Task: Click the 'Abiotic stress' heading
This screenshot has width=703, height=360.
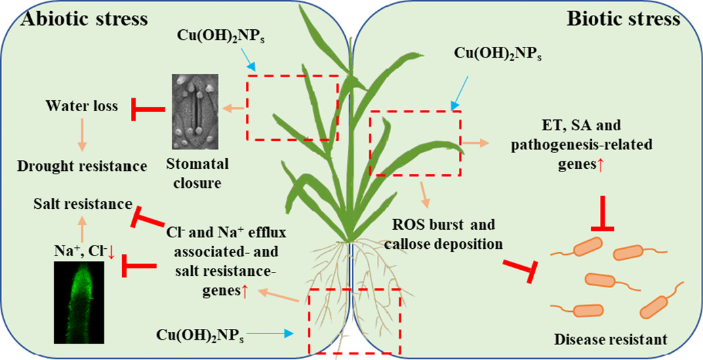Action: click(84, 18)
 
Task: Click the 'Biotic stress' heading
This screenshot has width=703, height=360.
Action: click(622, 18)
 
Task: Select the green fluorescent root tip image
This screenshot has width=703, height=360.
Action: click(79, 304)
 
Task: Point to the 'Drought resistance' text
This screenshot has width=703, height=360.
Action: click(83, 165)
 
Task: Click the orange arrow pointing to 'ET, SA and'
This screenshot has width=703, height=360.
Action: click(474, 143)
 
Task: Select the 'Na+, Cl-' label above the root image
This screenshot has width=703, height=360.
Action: click(83, 253)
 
